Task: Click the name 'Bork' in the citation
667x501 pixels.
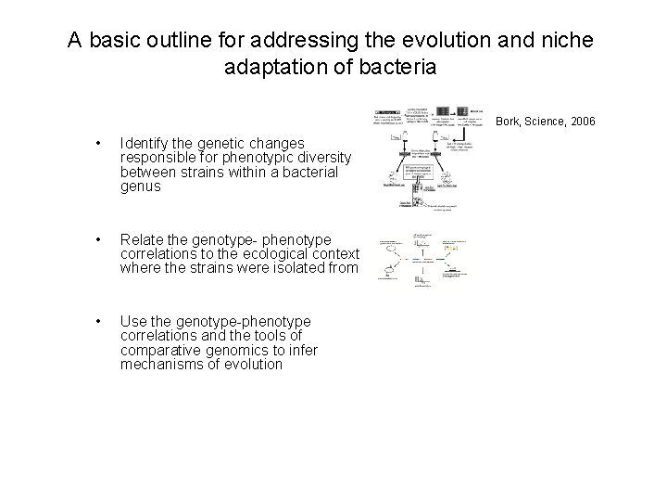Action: pos(510,121)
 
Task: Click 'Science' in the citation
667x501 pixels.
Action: pos(545,121)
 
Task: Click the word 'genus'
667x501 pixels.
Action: pos(140,186)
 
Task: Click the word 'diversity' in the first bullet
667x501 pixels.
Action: pos(316,158)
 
